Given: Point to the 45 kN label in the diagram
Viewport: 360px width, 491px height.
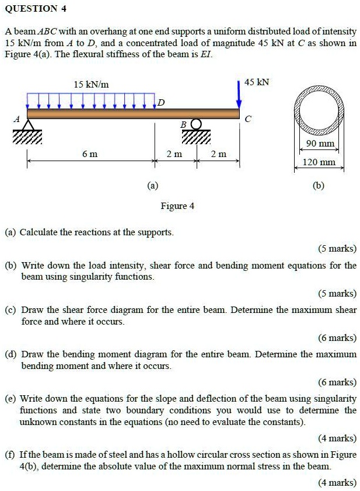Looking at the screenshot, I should pos(257,82).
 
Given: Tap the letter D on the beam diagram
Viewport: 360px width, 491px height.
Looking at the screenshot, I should pos(162,103).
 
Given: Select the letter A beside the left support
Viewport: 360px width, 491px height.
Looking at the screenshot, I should pos(17,119).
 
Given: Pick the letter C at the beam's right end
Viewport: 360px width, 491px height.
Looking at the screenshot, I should pos(248,119).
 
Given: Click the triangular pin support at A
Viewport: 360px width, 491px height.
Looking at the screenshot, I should pos(28,126).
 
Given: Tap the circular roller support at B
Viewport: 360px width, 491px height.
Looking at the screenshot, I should pos(196,124).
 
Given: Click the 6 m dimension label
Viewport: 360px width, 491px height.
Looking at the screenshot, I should pos(90,154).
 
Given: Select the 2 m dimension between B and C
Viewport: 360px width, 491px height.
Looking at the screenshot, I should pos(218,154).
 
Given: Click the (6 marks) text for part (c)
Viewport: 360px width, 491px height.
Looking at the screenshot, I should pos(337,337).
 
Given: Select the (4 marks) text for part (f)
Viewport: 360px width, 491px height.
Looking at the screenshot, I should pos(337,482).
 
